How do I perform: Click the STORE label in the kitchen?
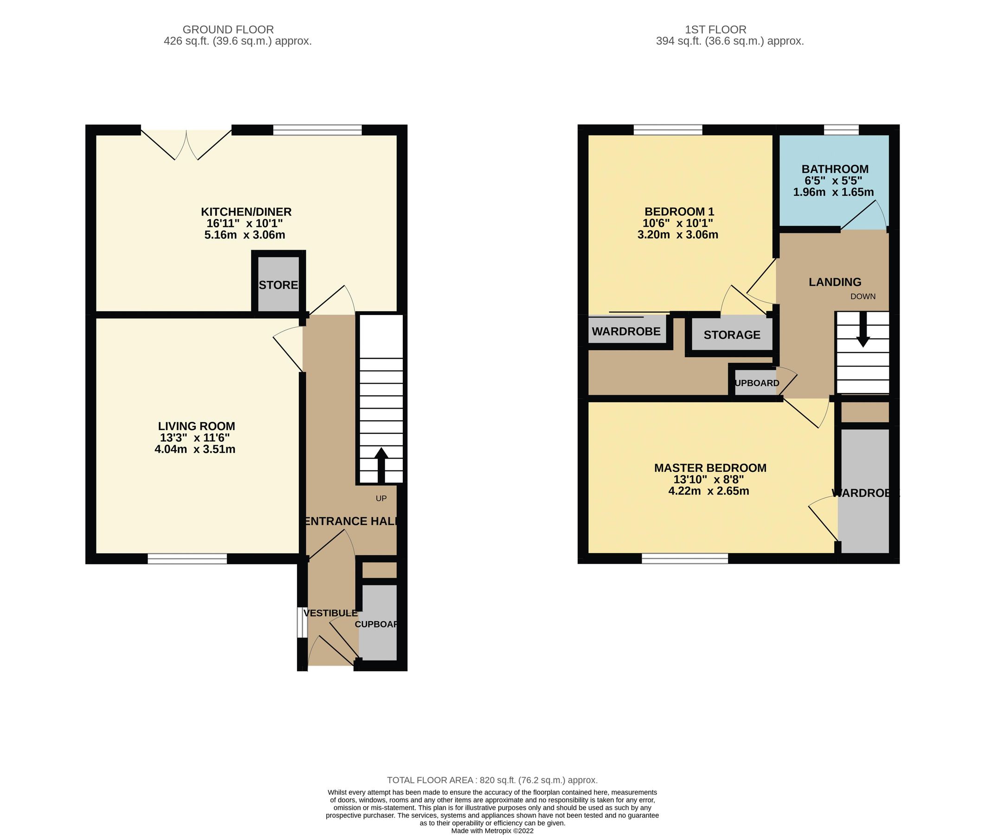[x=278, y=285]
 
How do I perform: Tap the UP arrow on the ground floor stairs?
[x=381, y=463]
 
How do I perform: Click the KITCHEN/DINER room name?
[x=246, y=212]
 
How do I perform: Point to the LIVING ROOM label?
[x=196, y=426]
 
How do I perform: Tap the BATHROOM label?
[x=835, y=169]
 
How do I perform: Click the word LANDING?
[x=835, y=282]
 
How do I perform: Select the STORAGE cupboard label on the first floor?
[x=732, y=334]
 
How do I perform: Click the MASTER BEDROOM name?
[x=710, y=468]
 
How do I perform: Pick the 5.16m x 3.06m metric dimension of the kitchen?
[x=245, y=235]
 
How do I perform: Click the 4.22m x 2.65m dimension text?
[x=708, y=491]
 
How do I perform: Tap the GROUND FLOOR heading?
[x=228, y=29]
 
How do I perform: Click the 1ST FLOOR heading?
[x=715, y=29]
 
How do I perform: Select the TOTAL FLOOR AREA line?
[x=492, y=780]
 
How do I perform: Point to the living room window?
[x=187, y=559]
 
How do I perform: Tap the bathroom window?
[x=841, y=130]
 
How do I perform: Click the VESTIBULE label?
[x=330, y=613]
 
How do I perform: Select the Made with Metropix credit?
[x=492, y=830]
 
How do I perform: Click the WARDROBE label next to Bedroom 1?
[x=626, y=331]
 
